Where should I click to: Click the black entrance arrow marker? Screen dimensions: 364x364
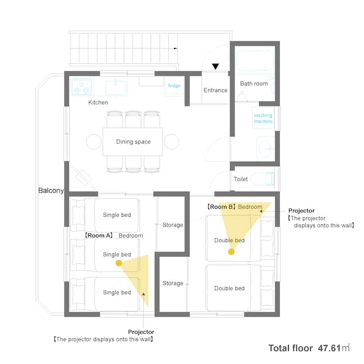(x=215, y=66)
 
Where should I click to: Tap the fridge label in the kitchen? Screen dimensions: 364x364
(x=174, y=85)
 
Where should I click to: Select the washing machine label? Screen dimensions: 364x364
(x=263, y=118)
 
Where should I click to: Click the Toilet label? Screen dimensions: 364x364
(x=241, y=179)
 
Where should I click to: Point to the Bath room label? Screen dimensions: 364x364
(x=254, y=83)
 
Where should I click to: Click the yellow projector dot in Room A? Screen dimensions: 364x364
(x=119, y=263)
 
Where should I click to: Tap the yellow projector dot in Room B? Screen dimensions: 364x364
(x=231, y=252)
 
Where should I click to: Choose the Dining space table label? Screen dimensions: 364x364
(x=133, y=142)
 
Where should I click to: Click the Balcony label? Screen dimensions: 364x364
(x=51, y=191)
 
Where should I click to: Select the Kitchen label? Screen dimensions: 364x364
(x=98, y=102)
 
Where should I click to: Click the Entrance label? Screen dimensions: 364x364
(x=215, y=90)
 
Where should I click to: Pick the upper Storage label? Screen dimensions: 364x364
(x=173, y=225)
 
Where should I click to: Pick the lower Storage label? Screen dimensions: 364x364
(x=173, y=283)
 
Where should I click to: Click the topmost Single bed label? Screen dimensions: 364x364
(x=117, y=215)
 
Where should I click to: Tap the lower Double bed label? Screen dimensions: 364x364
(x=230, y=288)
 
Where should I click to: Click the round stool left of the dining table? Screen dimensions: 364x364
(x=94, y=142)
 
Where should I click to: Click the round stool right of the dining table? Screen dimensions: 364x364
(x=171, y=142)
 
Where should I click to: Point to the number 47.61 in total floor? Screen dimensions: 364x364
(x=329, y=348)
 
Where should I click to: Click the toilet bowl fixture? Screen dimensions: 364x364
(x=263, y=179)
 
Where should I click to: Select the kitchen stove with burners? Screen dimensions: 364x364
(x=82, y=86)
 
